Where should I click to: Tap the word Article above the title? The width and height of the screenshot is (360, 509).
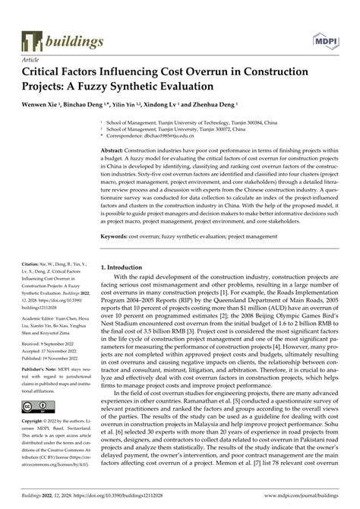coord(31,58)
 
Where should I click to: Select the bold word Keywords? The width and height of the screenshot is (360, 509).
coord(115,237)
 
